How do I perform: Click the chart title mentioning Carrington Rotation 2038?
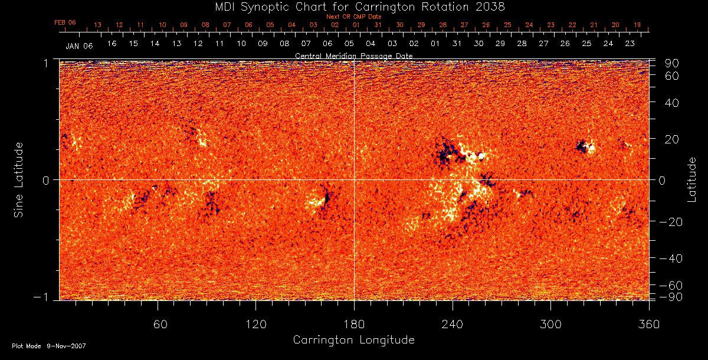[x=353, y=6]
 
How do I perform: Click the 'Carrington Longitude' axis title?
[x=353, y=340]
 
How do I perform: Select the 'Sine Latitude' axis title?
[x=19, y=179]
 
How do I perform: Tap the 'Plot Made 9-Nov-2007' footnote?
[x=49, y=346]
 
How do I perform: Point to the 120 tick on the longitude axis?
[x=255, y=324]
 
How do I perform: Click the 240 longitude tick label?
[x=453, y=324]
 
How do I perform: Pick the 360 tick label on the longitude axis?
[x=649, y=324]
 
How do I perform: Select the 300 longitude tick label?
[x=550, y=324]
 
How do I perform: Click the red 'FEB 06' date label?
[x=65, y=22]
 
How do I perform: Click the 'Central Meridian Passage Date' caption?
[x=353, y=55]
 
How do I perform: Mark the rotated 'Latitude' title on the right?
[x=692, y=179]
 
